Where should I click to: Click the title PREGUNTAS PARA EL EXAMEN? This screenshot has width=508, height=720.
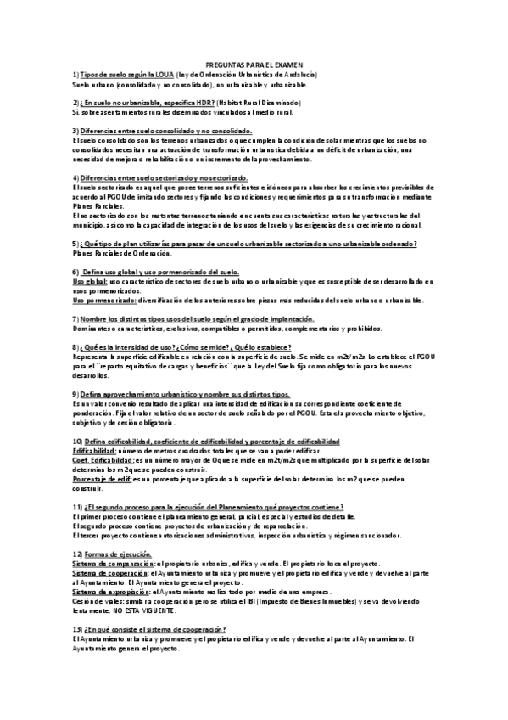pyautogui.click(x=254, y=64)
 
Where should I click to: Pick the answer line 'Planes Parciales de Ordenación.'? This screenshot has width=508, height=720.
pyautogui.click(x=122, y=253)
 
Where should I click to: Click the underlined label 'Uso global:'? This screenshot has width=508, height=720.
pyautogui.click(x=90, y=279)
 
